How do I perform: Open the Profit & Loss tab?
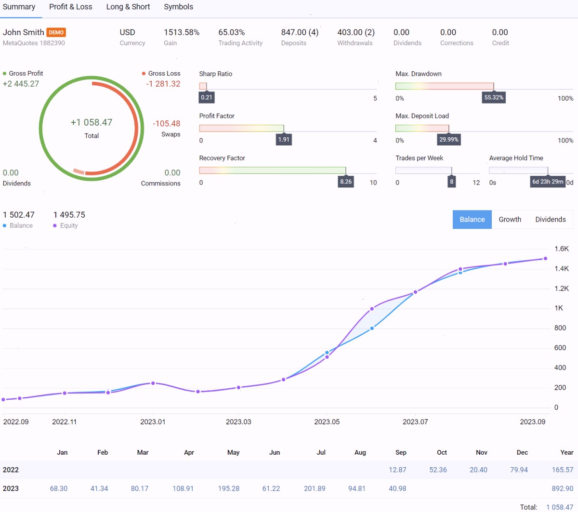coord(70,7)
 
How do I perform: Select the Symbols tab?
coord(178,7)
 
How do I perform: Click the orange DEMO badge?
coord(56,32)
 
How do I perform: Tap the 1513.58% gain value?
coord(182,32)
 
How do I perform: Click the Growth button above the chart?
coord(510,219)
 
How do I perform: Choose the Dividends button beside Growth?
coord(551,219)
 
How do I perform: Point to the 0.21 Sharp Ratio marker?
coord(207,97)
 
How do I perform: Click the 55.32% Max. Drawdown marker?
coord(494,97)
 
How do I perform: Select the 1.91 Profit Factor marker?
coord(284,140)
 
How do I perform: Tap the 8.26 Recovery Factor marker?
coord(346,182)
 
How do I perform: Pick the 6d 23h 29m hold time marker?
coord(548,182)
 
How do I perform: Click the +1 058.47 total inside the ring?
coord(92,122)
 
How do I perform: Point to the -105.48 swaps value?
coord(166,123)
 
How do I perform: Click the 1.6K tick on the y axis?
coord(561,249)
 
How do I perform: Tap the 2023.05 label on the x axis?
coord(327,421)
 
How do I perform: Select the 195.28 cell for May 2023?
coord(228,488)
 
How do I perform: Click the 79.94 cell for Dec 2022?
coord(519,470)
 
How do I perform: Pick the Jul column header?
coord(321,452)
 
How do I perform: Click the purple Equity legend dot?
coord(55,225)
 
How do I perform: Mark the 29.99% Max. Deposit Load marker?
coord(448,140)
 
